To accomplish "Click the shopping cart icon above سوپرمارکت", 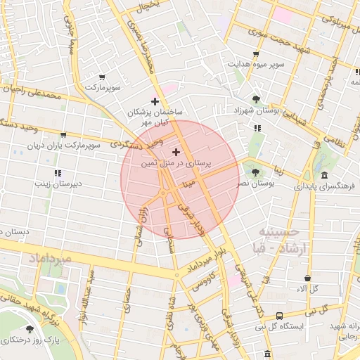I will pos(103,77).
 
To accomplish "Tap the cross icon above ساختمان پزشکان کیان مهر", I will pos(155,101).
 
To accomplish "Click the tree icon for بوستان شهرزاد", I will pos(255,99).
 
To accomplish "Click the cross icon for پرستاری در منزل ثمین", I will pos(176,152).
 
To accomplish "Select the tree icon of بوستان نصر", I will pos(255,172).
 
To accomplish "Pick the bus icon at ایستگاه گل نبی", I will pos(280,316).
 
